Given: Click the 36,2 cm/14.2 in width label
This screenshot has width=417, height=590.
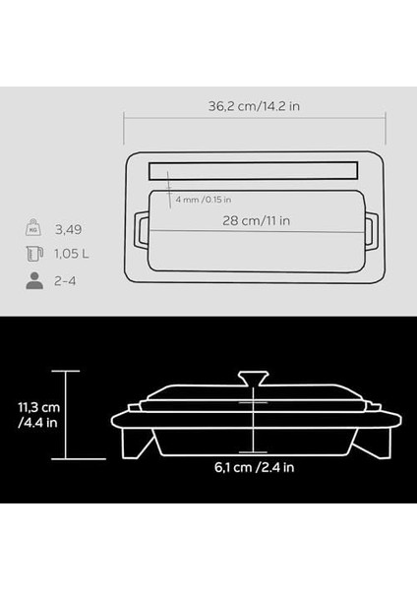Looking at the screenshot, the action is pos(254,106).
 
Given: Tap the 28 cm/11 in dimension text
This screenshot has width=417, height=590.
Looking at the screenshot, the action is pos(257,220).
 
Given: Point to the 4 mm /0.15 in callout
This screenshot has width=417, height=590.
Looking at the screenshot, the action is pos(204,200).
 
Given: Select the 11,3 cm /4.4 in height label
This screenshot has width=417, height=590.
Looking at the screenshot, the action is pos(38,415).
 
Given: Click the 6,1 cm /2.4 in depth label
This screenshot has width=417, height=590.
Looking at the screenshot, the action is pos(255,467).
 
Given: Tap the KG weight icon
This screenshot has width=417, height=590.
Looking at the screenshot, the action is pos(33,227).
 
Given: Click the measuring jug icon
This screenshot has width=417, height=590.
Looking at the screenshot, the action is pos(34,254).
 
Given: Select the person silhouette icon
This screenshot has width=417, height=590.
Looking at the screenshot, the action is pos(34,280).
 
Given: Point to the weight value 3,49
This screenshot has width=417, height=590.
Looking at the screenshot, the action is pos(68,229).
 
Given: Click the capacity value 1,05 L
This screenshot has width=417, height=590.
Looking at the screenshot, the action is pos(72,254).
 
